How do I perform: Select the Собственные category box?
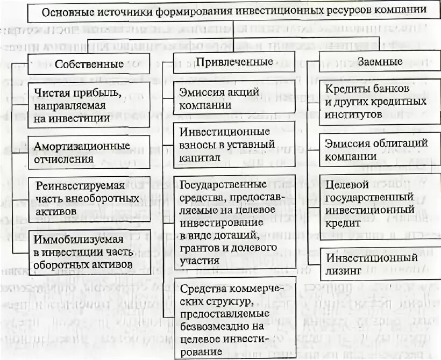pyautogui.click(x=89, y=63)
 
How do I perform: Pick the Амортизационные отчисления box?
pyautogui.click(x=89, y=152)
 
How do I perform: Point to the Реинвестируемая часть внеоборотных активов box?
pyautogui.click(x=89, y=198)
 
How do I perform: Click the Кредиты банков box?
pyautogui.click(x=374, y=100)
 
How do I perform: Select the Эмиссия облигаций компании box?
pyautogui.click(x=374, y=149)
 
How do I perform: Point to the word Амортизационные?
pyautogui.click(x=82, y=146)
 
